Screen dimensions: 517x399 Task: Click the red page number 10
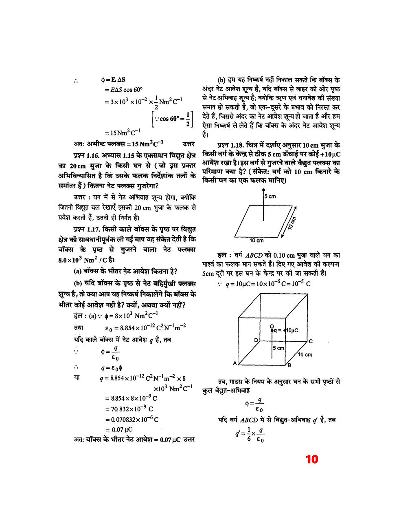point(311,459)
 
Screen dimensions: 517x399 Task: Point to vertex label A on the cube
point(235,363)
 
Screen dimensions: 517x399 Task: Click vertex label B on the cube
point(289,365)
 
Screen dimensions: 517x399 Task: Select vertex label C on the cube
point(311,341)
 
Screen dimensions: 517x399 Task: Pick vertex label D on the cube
point(256,340)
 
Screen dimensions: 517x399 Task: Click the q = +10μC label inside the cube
point(286,330)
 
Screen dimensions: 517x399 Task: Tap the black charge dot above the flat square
point(263,190)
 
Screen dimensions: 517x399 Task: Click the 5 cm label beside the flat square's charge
point(270,197)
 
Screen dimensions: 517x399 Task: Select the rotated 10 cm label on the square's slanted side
point(292,223)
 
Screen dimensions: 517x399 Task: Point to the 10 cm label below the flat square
point(256,241)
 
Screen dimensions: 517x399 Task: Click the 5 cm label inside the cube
point(278,348)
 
